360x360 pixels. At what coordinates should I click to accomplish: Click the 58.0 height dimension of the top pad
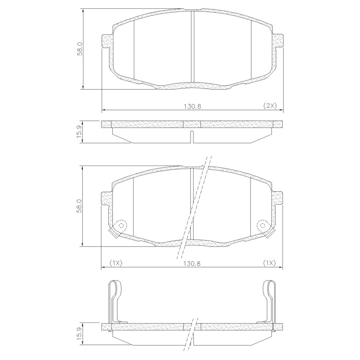coord(80,49)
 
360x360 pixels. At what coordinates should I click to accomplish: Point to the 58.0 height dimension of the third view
coord(79,206)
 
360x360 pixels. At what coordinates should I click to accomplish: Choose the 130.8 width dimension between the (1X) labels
coord(192,263)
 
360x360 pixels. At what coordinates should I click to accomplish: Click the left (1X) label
coord(115,263)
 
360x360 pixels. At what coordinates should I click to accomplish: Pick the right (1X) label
coord(269,263)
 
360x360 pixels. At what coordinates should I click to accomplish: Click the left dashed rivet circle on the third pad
coord(122,225)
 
